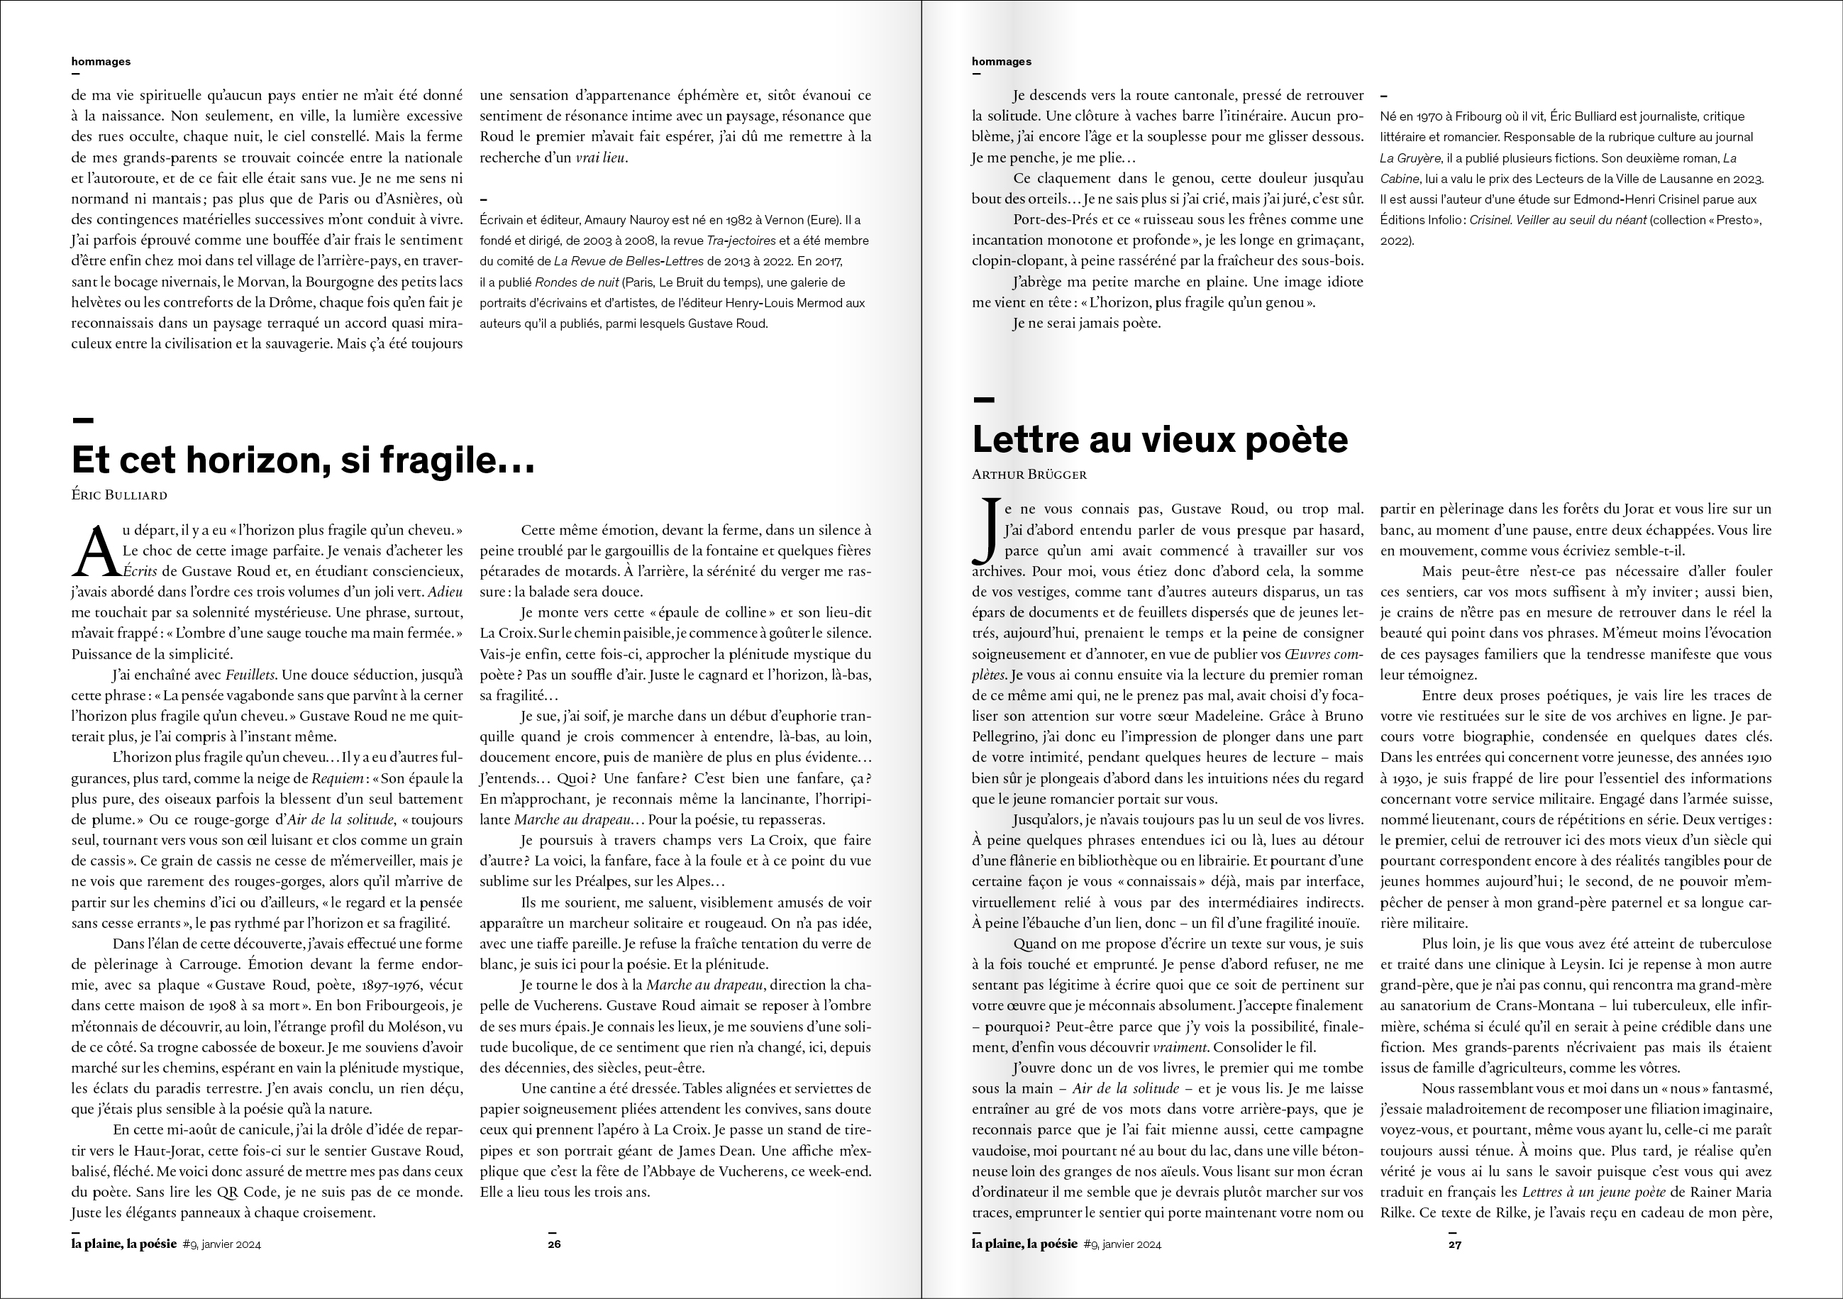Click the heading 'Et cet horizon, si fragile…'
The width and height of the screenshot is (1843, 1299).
coord(303,460)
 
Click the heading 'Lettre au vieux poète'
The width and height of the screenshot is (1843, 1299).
coord(1159,439)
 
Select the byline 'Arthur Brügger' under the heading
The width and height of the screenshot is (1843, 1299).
coord(1029,475)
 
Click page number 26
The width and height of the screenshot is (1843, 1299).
coord(554,1244)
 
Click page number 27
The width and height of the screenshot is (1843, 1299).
coord(1454,1244)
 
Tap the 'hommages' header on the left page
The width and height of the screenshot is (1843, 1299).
coord(101,61)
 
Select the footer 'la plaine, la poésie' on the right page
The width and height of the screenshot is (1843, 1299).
coord(1024,1244)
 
